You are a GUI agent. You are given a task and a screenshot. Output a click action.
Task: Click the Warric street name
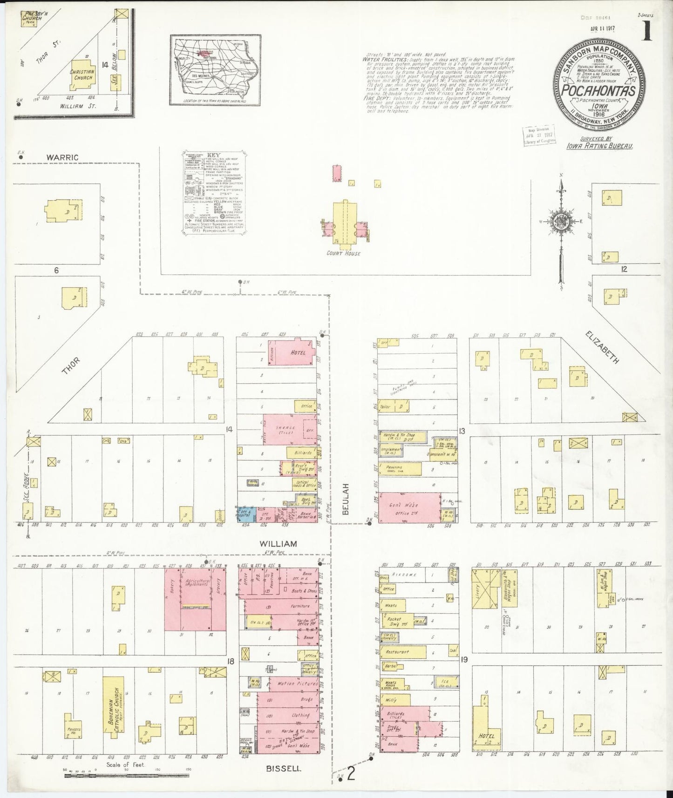click(62, 157)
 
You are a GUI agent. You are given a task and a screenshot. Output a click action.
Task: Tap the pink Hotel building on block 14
click(295, 352)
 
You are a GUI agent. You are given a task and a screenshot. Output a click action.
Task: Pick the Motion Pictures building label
click(294, 684)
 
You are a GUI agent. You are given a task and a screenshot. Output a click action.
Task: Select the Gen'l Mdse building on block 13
click(409, 507)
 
